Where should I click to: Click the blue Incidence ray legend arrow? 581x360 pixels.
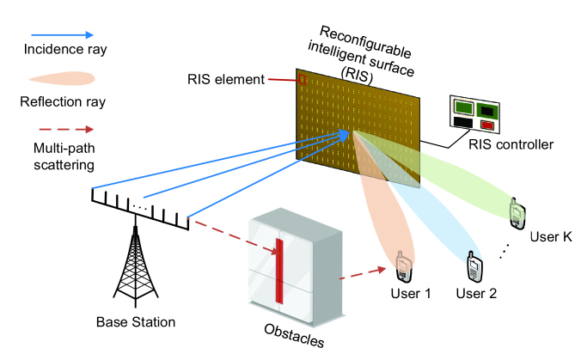(x=62, y=35)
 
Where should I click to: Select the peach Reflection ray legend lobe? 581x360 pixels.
(x=62, y=78)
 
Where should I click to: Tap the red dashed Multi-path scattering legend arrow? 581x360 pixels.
(x=66, y=129)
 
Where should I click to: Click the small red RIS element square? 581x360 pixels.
(x=302, y=79)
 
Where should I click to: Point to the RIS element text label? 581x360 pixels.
(x=226, y=79)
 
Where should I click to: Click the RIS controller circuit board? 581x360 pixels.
(x=474, y=114)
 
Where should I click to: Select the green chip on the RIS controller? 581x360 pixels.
(x=464, y=107)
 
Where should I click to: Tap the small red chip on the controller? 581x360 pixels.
(x=486, y=125)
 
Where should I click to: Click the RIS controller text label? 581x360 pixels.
(x=511, y=144)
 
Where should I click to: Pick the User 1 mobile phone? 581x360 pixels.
(x=403, y=266)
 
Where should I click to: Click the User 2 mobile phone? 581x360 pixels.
(x=474, y=266)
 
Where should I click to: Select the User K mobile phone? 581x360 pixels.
(x=517, y=214)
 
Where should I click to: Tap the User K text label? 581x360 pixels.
(x=551, y=236)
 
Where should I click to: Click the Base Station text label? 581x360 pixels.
(x=136, y=322)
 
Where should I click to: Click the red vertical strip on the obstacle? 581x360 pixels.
(x=279, y=272)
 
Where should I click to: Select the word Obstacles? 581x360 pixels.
(x=294, y=336)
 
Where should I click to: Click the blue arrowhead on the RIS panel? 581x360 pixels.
(x=343, y=136)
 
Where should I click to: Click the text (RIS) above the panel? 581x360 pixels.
(x=357, y=76)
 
